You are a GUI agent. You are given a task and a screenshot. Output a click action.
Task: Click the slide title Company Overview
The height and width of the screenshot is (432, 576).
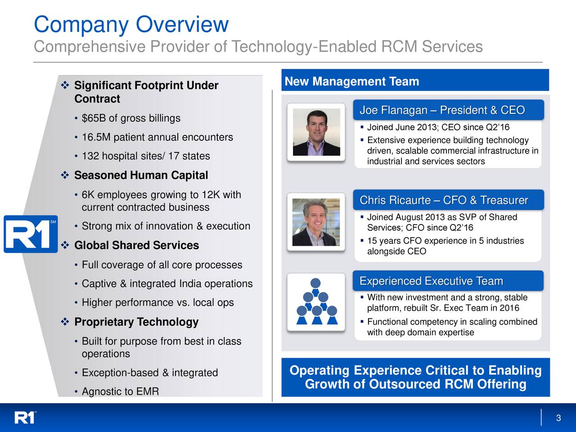point(131,25)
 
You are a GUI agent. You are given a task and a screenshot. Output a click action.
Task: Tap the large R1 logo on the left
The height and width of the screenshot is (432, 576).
point(31,234)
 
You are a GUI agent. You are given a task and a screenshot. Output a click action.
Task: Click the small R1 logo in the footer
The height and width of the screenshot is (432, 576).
point(25,418)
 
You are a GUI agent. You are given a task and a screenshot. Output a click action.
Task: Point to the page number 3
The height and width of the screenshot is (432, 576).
point(558,418)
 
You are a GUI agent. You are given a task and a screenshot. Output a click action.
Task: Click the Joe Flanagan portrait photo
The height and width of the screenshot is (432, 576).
point(316,132)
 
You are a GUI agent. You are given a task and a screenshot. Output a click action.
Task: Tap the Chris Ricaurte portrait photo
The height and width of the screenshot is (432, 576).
point(316,222)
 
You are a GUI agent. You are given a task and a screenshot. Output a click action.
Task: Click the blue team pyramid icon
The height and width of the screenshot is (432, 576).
point(317,301)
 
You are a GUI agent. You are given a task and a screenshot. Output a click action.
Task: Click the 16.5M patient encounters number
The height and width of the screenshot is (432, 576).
point(96,137)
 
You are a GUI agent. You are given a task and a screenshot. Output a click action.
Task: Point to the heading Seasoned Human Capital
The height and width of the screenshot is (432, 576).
point(141,175)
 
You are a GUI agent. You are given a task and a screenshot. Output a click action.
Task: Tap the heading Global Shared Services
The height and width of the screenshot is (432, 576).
point(136,245)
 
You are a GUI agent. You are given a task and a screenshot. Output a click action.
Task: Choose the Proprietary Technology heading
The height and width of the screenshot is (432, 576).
point(136,322)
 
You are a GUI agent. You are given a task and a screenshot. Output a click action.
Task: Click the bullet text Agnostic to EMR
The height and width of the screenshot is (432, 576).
point(121,391)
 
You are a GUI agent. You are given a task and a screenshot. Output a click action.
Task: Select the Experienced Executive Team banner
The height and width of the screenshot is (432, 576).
point(448,281)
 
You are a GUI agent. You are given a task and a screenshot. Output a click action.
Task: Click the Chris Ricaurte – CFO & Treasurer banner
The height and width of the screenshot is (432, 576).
point(448,200)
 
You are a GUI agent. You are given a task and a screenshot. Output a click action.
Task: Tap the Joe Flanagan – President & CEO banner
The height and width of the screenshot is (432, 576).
point(448,110)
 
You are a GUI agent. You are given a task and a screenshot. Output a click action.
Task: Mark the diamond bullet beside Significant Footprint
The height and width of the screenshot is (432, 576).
point(65,85)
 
